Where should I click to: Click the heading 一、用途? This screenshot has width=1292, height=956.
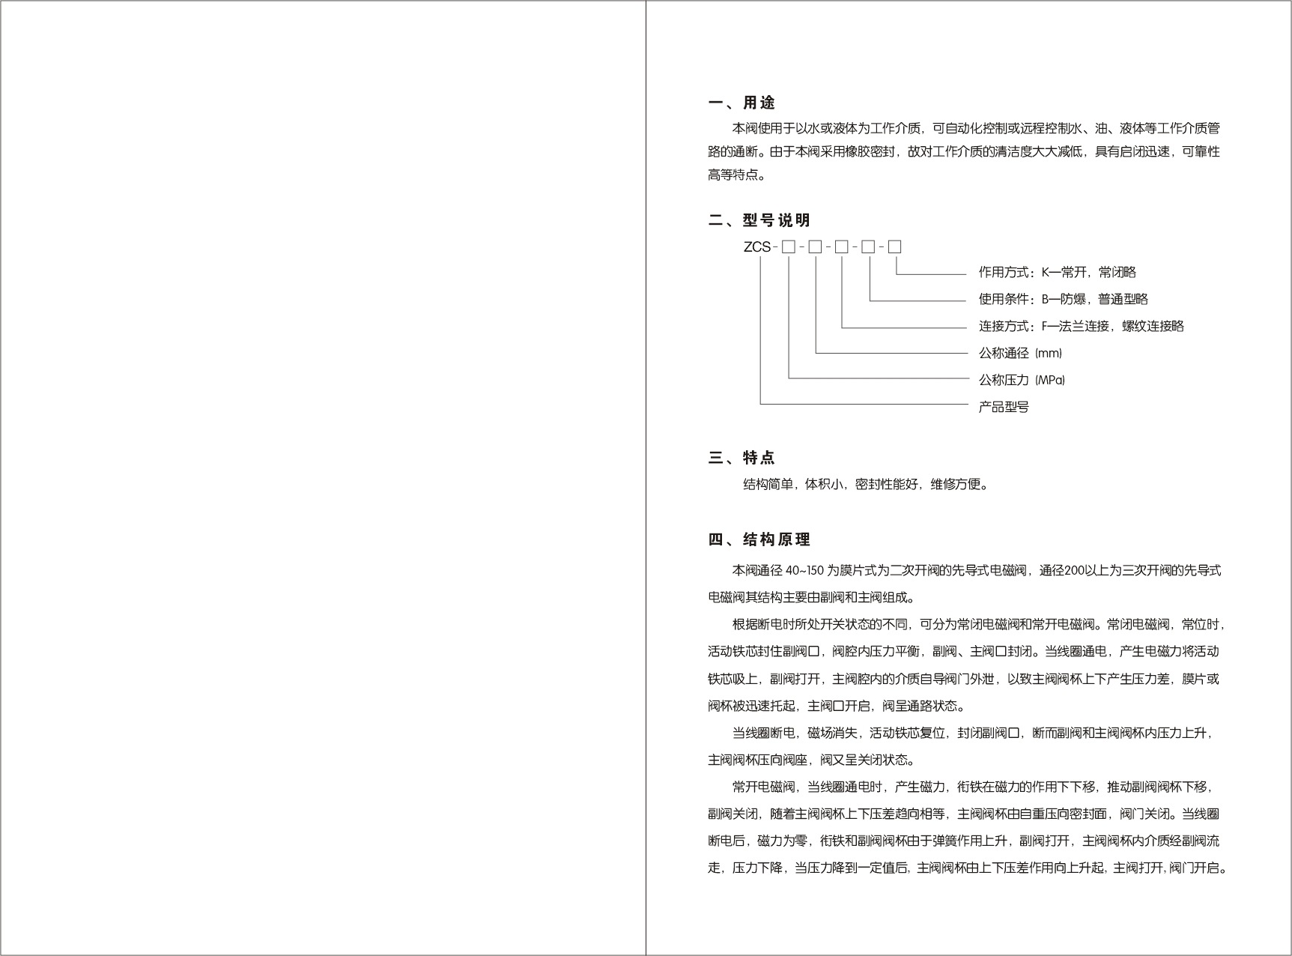pyautogui.click(x=741, y=103)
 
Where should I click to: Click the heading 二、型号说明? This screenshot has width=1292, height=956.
pyautogui.click(x=759, y=220)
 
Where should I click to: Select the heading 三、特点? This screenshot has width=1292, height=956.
pyautogui.click(x=741, y=458)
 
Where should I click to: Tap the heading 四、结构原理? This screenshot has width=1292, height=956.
pyautogui.click(x=759, y=539)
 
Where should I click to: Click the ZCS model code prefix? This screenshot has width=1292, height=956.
pyautogui.click(x=756, y=246)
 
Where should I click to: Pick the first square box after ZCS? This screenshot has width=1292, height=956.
pyautogui.click(x=788, y=246)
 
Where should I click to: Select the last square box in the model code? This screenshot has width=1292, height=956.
pyautogui.click(x=894, y=246)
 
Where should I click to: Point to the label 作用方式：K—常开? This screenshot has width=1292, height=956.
pyautogui.click(x=1057, y=272)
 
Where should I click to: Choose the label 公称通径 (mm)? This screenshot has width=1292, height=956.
pyautogui.click(x=1020, y=353)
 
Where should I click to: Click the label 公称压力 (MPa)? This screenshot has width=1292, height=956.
pyautogui.click(x=1022, y=380)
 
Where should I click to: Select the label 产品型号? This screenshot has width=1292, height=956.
pyautogui.click(x=1004, y=407)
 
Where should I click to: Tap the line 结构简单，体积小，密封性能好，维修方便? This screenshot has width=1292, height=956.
pyautogui.click(x=865, y=484)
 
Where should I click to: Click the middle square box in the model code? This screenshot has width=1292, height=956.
pyautogui.click(x=841, y=246)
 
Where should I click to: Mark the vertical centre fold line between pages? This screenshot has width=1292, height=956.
pyautogui.click(x=646, y=478)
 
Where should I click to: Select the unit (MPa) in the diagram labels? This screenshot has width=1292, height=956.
pyautogui.click(x=1050, y=380)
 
